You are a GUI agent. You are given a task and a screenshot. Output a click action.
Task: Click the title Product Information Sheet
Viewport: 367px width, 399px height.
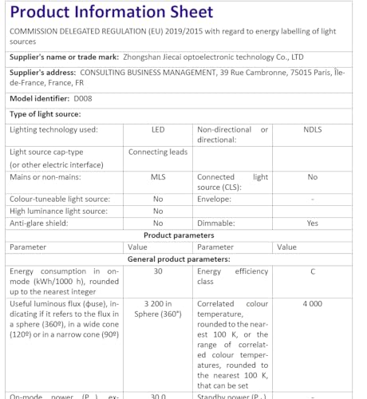pyautogui.click(x=112, y=12)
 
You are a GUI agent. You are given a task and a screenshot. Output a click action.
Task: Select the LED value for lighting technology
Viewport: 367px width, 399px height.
pyautogui.click(x=158, y=129)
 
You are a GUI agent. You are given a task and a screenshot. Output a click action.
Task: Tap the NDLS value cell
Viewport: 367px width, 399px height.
pyautogui.click(x=313, y=129)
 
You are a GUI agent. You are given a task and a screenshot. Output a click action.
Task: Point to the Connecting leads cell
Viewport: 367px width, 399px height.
pyautogui.click(x=157, y=152)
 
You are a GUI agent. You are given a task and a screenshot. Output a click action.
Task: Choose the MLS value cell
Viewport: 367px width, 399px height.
pyautogui.click(x=158, y=177)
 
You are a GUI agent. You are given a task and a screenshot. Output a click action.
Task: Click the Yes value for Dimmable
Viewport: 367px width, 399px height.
pyautogui.click(x=313, y=223)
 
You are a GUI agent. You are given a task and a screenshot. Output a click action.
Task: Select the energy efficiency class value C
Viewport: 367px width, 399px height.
pyautogui.click(x=313, y=271)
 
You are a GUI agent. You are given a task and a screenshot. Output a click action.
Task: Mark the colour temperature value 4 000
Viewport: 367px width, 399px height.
pyautogui.click(x=313, y=304)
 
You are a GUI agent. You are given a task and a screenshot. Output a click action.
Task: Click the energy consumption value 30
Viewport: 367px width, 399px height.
pyautogui.click(x=158, y=271)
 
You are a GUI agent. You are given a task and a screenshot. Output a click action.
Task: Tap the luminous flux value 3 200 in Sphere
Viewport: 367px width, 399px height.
pyautogui.click(x=158, y=309)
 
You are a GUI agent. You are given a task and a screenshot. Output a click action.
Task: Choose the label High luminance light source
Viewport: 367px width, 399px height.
pyautogui.click(x=58, y=211)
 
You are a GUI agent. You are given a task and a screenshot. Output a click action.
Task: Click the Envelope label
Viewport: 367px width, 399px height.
pyautogui.click(x=217, y=199)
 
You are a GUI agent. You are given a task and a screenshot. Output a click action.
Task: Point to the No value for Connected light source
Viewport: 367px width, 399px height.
pyautogui.click(x=313, y=177)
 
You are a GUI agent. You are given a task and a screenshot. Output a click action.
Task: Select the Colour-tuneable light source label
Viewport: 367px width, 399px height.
pyautogui.click(x=60, y=199)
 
